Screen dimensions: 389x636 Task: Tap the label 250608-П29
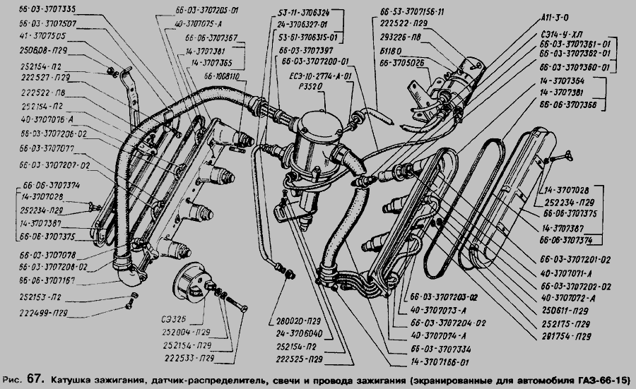tap(39, 51)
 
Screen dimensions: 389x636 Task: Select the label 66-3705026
tap(406, 61)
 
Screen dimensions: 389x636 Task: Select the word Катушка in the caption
tap(73, 381)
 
